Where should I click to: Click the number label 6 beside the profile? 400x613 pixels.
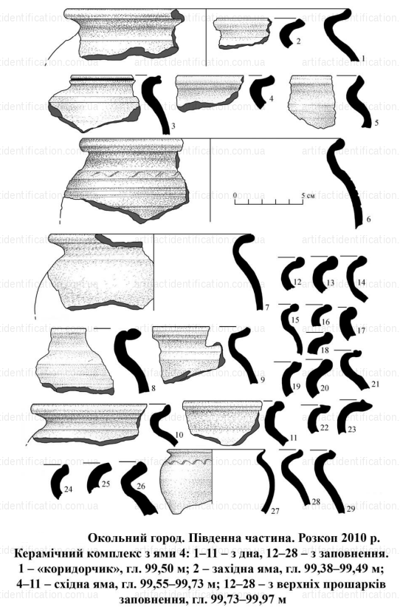pos(368,220)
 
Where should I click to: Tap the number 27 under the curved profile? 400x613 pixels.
pos(275,510)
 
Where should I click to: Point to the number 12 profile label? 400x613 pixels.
pos(297,282)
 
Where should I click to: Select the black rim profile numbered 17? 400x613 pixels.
pos(347,319)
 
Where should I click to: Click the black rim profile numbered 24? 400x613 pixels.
pos(59,481)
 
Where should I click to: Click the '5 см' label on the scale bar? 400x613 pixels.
pos(308,194)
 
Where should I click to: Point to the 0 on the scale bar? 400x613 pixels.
pos(235,194)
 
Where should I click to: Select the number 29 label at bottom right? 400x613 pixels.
pos(351,509)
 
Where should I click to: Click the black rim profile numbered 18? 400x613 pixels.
pos(320,343)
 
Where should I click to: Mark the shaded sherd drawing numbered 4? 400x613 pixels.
pos(209,92)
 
